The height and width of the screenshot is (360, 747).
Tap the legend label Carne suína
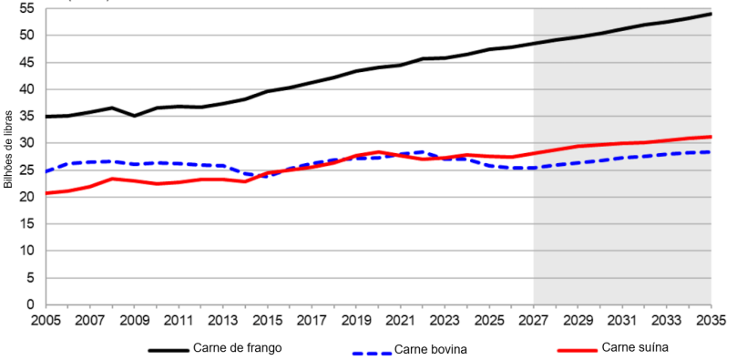click(635, 347)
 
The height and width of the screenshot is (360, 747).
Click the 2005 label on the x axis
click(46, 321)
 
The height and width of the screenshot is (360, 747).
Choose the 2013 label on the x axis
click(223, 321)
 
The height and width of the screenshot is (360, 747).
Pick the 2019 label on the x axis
click(356, 321)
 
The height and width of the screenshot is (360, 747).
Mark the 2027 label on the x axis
click(534, 321)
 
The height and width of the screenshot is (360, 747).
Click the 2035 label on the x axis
click(711, 321)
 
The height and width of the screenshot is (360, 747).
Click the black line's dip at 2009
click(135, 116)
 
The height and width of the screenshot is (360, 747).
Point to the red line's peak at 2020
click(378, 152)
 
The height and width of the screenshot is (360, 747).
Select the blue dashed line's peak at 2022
click(423, 152)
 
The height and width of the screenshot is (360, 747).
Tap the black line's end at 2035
click(711, 14)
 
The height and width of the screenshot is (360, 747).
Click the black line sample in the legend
click(169, 349)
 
